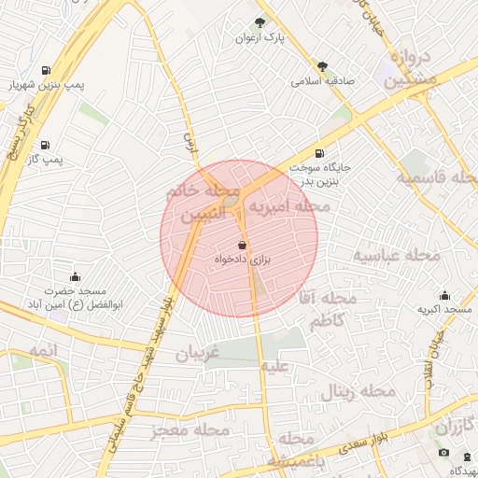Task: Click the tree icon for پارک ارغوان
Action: tap(260, 21)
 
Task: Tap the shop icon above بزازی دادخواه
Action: tap(243, 245)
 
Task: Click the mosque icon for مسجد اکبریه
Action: tap(444, 295)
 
